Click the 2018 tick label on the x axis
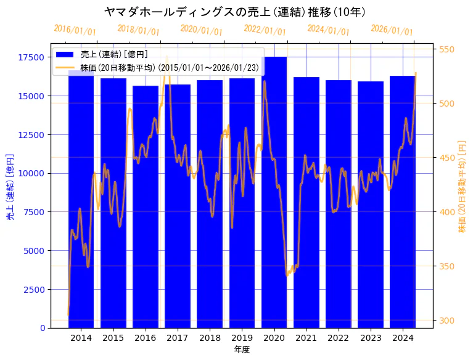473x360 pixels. pyautogui.click(x=210, y=338)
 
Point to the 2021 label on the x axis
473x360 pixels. pyautogui.click(x=306, y=338)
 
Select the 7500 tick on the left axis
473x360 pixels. pyautogui.click(x=34, y=212)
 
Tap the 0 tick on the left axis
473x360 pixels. pyautogui.click(x=41, y=328)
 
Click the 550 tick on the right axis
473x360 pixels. pyautogui.click(x=446, y=49)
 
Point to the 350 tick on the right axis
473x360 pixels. pyautogui.click(x=446, y=266)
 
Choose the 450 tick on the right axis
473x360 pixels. pyautogui.click(x=446, y=158)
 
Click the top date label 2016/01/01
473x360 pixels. pyautogui.click(x=75, y=30)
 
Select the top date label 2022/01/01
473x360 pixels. pyautogui.click(x=265, y=30)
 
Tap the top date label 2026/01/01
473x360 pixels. pyautogui.click(x=392, y=30)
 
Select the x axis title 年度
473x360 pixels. pyautogui.click(x=242, y=350)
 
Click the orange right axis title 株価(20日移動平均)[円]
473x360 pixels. pyautogui.click(x=462, y=186)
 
